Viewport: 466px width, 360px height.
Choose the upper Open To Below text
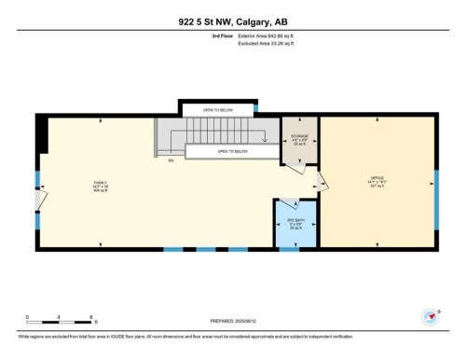220,108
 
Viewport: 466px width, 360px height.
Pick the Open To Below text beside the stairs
233,150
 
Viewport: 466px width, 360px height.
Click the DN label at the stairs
171,160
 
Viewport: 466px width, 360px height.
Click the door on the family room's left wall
37,200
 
